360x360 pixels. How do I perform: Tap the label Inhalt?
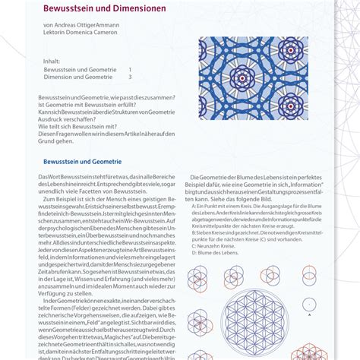[x=52, y=62]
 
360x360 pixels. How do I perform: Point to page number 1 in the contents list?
[x=131, y=69]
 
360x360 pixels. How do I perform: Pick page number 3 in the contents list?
[x=131, y=77]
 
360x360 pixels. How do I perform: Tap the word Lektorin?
[x=55, y=33]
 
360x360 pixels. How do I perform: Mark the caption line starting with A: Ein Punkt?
[x=251, y=207]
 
